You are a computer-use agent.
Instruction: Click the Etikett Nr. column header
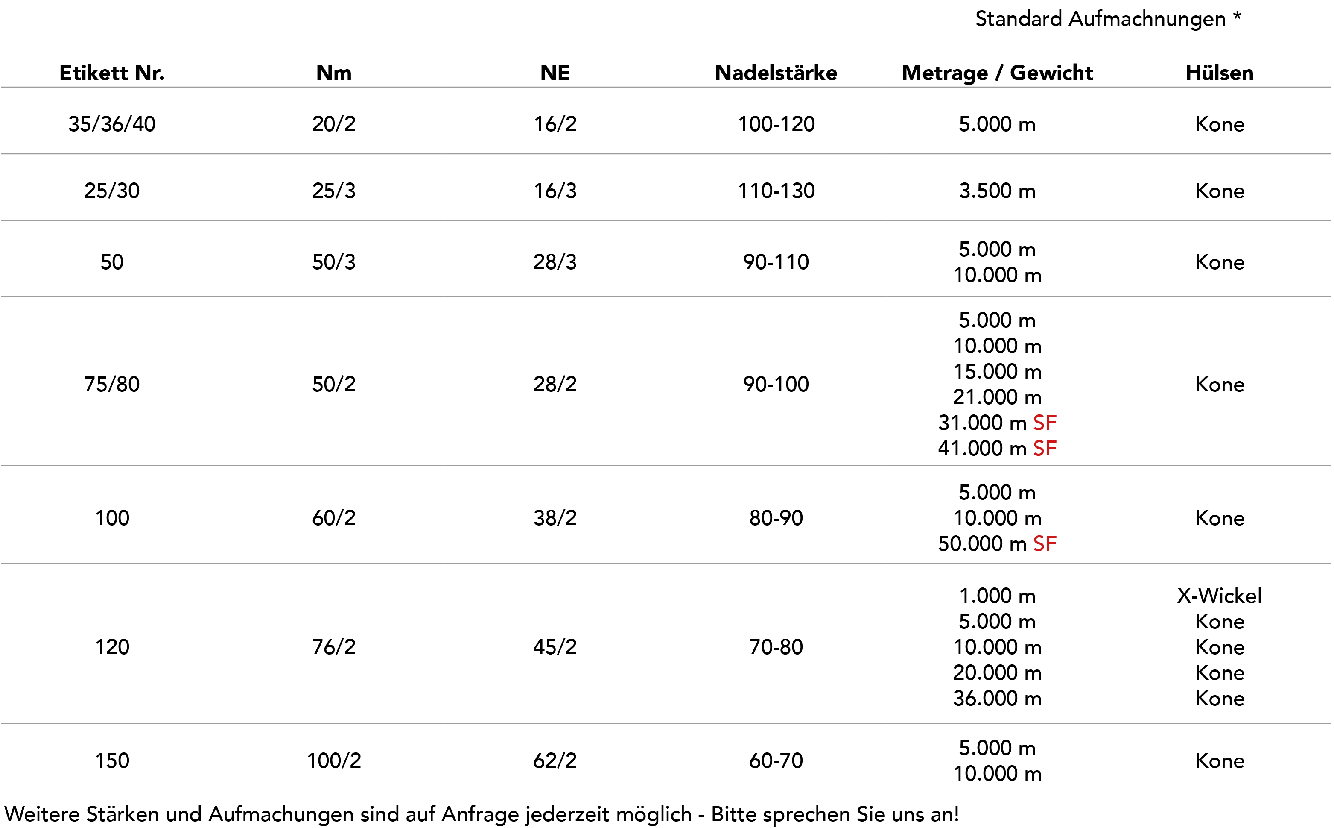[111, 73]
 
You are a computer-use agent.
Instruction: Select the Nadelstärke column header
[776, 73]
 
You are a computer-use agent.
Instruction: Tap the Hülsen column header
[1220, 73]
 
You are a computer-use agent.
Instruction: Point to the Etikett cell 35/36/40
[111, 124]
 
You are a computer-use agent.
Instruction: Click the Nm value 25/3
[334, 191]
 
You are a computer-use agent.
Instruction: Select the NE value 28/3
[555, 262]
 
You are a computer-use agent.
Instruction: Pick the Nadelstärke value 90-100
[776, 385]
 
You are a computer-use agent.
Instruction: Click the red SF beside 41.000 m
[1045, 449]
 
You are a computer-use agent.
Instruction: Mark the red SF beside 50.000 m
[1045, 544]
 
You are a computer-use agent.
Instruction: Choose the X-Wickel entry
[1220, 596]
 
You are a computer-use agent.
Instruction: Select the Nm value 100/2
[334, 760]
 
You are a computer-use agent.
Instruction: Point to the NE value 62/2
[555, 760]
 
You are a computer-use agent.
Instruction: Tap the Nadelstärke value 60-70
[776, 760]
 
